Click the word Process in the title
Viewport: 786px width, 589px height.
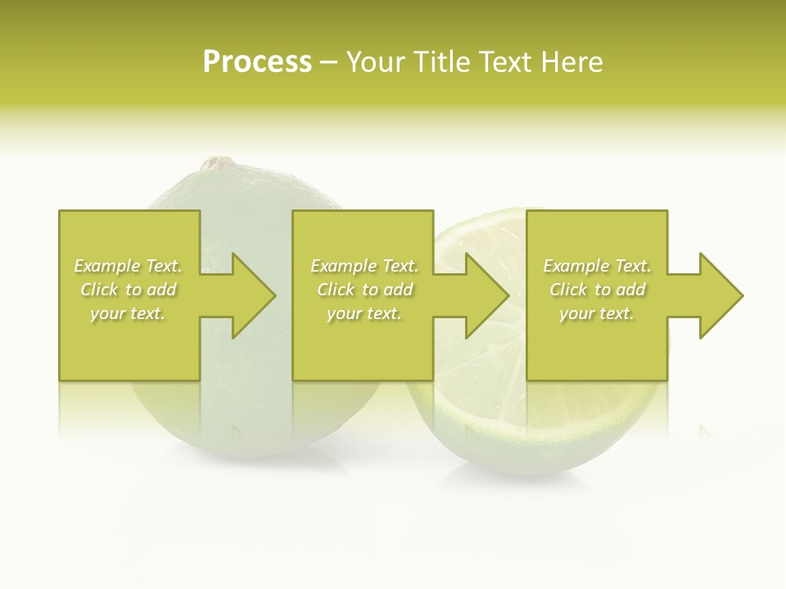click(x=257, y=62)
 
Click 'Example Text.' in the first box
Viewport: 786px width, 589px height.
click(x=128, y=266)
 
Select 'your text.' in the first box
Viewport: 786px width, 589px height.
click(x=128, y=313)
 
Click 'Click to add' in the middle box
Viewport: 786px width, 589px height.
click(x=364, y=290)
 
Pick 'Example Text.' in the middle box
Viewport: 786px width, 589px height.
click(x=364, y=266)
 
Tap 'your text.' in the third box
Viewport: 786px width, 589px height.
click(x=597, y=313)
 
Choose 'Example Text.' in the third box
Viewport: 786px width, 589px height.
click(x=597, y=266)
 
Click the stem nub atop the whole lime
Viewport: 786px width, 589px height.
click(x=217, y=164)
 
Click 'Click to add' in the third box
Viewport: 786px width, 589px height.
click(x=597, y=290)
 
